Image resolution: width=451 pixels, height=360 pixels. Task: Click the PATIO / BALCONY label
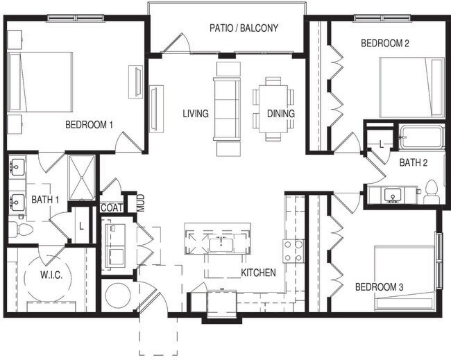click(244, 28)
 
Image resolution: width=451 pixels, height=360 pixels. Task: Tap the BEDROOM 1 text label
click(89, 125)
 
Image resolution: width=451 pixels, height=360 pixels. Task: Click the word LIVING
click(196, 114)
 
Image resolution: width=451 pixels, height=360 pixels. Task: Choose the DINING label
click(280, 114)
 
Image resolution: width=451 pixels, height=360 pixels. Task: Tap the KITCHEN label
click(259, 273)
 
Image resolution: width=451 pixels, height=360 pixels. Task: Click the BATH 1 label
click(45, 200)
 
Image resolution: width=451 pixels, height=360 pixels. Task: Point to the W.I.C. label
click(51, 275)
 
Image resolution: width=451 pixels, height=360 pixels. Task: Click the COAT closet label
click(111, 208)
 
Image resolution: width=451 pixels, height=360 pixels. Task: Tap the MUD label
click(141, 203)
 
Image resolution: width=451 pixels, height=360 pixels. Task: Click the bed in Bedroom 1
click(42, 82)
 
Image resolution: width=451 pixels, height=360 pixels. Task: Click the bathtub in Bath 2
click(420, 137)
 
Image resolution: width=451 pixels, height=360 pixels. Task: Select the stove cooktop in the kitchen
click(292, 250)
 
